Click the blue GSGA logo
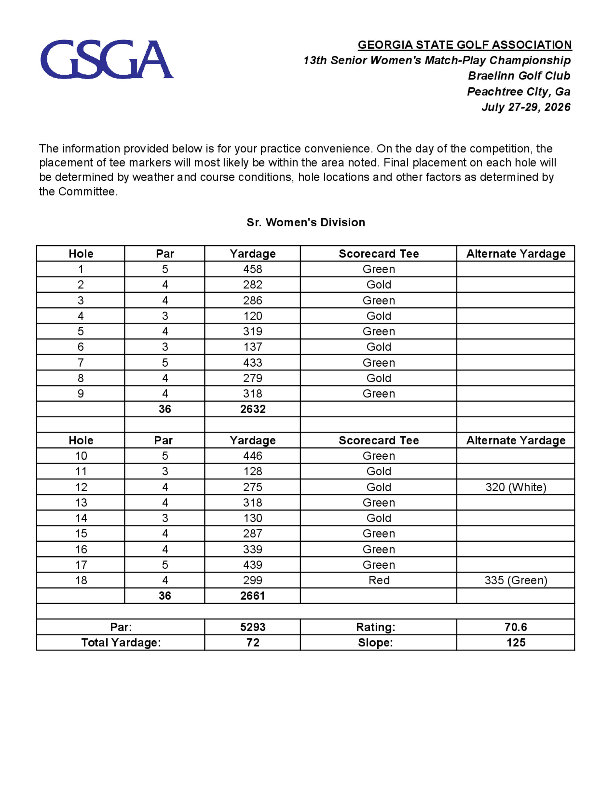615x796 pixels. click(x=107, y=59)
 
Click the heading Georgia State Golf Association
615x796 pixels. click(x=465, y=45)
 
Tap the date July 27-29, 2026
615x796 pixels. click(x=526, y=107)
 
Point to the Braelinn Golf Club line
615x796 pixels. click(x=519, y=76)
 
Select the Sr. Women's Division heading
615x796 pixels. click(x=306, y=222)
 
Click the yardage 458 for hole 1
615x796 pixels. click(x=252, y=269)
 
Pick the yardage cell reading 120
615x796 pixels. click(x=252, y=316)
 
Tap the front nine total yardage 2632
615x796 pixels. click(x=252, y=409)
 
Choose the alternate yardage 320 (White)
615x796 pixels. click(x=516, y=487)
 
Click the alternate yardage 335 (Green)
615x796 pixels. click(x=516, y=580)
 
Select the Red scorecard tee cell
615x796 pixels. click(x=379, y=580)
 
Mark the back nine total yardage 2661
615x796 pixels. click(x=252, y=596)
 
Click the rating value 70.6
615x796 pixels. click(x=516, y=627)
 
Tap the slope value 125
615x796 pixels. click(x=516, y=643)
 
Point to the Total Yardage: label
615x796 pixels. click(x=121, y=643)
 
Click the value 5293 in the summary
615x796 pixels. click(x=252, y=627)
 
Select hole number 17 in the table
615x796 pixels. click(x=81, y=565)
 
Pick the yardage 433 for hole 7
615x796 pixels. click(x=252, y=363)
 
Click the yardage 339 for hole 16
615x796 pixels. click(x=252, y=549)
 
